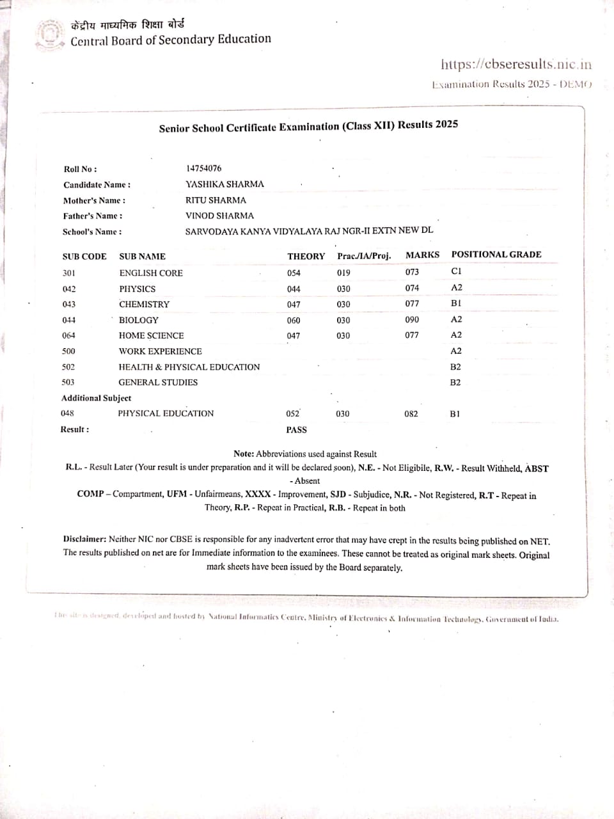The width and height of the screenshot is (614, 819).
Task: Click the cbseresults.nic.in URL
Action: click(x=516, y=64)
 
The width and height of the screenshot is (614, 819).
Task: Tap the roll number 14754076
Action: click(x=204, y=168)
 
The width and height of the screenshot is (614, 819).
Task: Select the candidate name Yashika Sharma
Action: click(x=224, y=184)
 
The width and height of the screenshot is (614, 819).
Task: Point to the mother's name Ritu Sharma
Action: click(x=216, y=200)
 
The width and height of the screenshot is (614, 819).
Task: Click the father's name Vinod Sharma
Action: click(x=219, y=216)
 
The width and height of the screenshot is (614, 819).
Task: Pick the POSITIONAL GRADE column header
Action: click(x=496, y=255)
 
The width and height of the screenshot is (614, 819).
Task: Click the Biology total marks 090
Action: click(x=412, y=319)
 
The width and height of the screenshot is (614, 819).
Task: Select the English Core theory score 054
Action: click(x=294, y=273)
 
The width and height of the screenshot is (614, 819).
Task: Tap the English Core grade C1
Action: click(x=456, y=271)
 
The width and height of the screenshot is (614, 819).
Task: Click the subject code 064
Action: click(x=68, y=335)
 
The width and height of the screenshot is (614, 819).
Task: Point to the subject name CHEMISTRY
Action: click(x=144, y=304)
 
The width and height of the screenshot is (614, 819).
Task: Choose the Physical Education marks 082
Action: click(x=411, y=414)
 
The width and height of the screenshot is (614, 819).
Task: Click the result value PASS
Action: click(x=296, y=430)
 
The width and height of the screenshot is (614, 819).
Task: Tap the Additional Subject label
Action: click(x=96, y=398)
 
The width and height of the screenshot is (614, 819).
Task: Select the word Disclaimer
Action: click(x=84, y=539)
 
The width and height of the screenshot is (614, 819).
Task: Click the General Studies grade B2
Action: click(x=455, y=383)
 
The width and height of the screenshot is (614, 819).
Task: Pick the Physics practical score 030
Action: click(x=343, y=289)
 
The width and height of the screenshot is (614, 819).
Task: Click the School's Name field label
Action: click(x=92, y=232)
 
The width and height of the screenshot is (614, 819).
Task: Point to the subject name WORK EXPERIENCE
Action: click(x=160, y=351)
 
